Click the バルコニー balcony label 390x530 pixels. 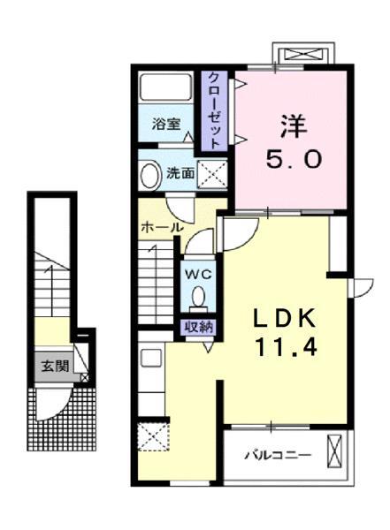(278, 457)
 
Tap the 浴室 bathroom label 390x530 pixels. (165, 124)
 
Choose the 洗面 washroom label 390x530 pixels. (181, 172)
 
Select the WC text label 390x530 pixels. (196, 274)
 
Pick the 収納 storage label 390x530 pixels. (197, 327)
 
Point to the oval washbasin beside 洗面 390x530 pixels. (150, 173)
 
